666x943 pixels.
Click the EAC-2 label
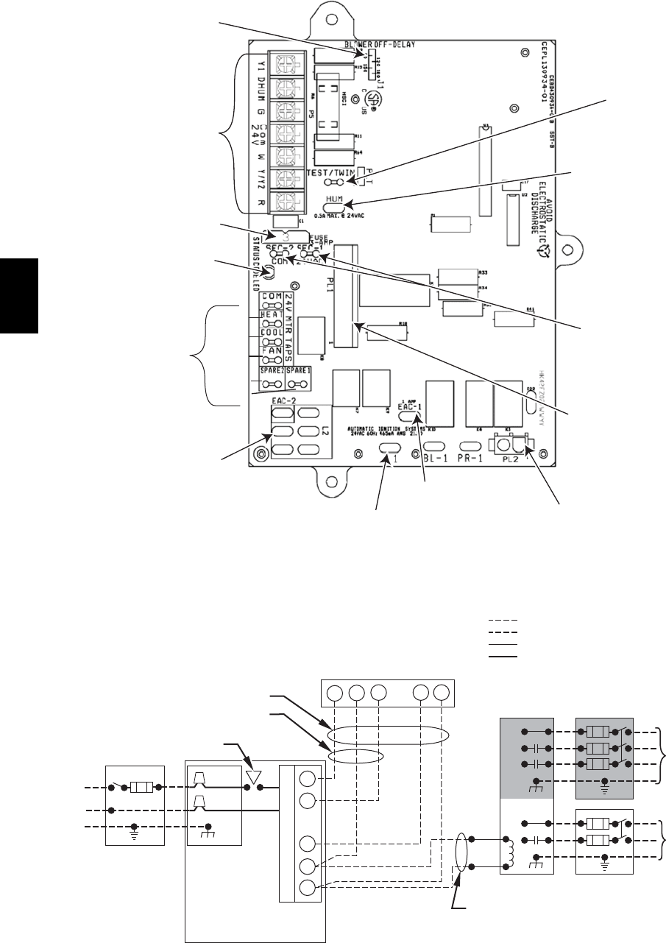[x=284, y=398]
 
